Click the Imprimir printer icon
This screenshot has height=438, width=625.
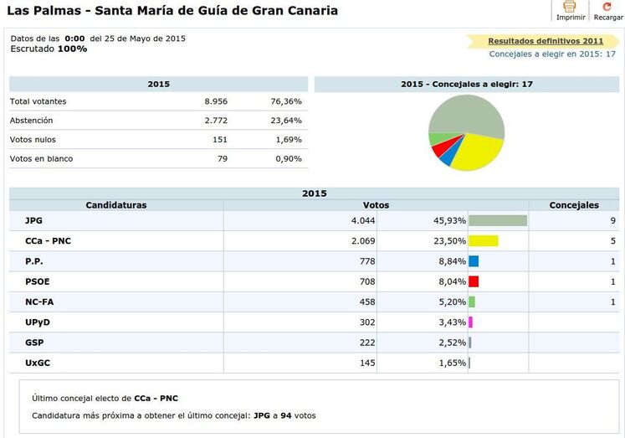[570, 7]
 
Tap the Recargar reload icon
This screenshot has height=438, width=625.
[607, 7]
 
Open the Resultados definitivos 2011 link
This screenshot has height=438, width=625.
[545, 40]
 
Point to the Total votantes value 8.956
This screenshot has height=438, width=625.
[216, 101]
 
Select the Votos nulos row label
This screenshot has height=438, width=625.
[33, 140]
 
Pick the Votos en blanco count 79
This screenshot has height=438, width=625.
[222, 159]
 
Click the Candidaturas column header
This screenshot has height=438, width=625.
[116, 205]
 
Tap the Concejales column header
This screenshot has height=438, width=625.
[573, 205]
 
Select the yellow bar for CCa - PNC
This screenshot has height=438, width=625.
[483, 241]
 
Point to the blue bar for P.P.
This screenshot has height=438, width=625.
[474, 261]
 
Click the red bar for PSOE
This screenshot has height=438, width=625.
[474, 281]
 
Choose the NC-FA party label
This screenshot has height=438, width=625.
[39, 301]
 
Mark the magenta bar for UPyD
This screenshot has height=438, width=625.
[471, 322]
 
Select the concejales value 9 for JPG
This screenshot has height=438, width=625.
[613, 221]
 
